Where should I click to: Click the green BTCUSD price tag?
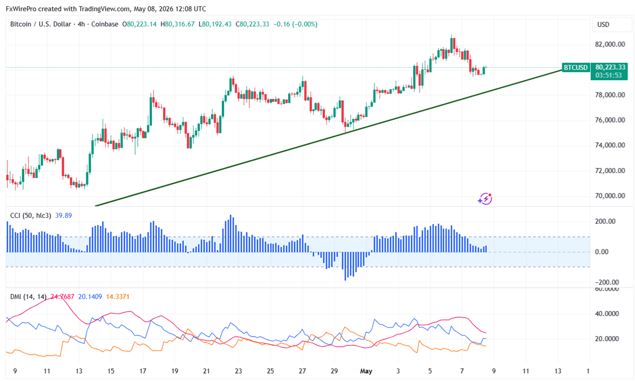576,67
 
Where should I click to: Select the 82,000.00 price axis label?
610,44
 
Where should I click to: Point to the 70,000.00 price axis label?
610,196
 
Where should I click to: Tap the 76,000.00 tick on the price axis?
610,120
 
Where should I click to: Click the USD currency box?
604,24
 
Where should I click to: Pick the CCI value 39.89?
63,215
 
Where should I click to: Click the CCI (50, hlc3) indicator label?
31,215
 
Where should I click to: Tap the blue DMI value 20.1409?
90,297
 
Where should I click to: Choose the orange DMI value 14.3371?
118,297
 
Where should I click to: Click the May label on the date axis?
366,371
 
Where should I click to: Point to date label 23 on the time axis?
239,371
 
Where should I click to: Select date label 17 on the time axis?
142,371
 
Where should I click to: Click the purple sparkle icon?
485,199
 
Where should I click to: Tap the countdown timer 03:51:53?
609,75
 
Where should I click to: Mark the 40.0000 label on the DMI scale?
606,314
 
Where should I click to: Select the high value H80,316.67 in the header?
177,24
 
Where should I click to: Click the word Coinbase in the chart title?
105,24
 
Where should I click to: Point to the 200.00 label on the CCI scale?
605,221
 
